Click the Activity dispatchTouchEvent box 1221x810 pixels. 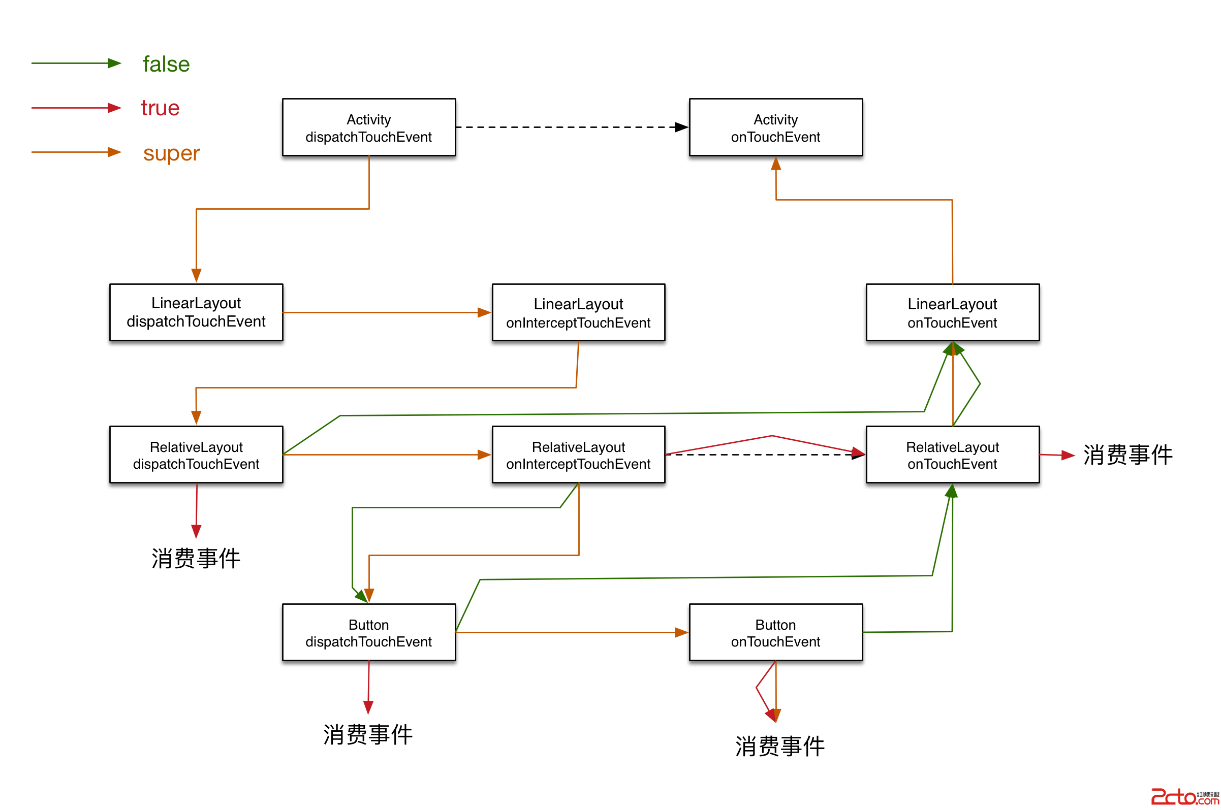(x=368, y=127)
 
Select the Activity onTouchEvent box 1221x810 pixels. (x=775, y=127)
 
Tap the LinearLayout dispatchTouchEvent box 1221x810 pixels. (x=196, y=312)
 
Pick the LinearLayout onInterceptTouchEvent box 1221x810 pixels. (x=578, y=312)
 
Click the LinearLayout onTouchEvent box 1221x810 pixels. (x=952, y=312)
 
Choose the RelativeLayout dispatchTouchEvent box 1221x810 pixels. (x=196, y=454)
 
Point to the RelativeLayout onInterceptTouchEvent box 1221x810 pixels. (x=578, y=454)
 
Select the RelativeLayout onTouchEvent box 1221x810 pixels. (x=952, y=454)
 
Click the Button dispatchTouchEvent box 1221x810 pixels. (x=368, y=632)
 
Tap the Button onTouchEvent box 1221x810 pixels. (x=775, y=632)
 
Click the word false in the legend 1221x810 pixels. (x=166, y=64)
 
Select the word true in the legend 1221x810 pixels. (x=160, y=108)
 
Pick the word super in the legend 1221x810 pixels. (x=171, y=153)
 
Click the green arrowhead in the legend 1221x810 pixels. (x=114, y=63)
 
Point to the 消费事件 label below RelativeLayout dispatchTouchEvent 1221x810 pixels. (x=196, y=558)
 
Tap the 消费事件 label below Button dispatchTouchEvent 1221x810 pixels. (x=367, y=734)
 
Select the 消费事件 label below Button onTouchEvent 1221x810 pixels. (x=779, y=746)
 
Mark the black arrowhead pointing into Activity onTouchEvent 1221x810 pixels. (x=681, y=127)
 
